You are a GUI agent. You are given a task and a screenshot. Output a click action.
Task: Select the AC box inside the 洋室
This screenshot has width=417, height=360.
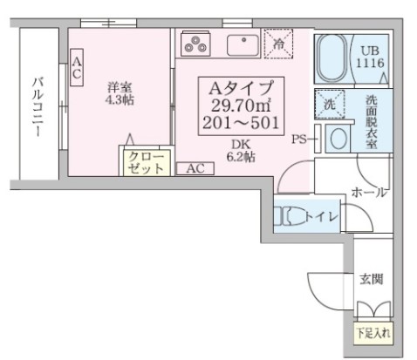77,68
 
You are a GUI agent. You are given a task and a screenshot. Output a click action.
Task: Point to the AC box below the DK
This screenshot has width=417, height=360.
194,169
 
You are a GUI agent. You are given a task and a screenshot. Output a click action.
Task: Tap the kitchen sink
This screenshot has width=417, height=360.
240,44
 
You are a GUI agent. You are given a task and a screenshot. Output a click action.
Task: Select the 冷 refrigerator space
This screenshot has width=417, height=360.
278,45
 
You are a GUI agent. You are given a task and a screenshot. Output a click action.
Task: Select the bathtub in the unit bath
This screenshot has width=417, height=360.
330,58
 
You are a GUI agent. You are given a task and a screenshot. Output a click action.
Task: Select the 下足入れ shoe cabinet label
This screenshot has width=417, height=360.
373,333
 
